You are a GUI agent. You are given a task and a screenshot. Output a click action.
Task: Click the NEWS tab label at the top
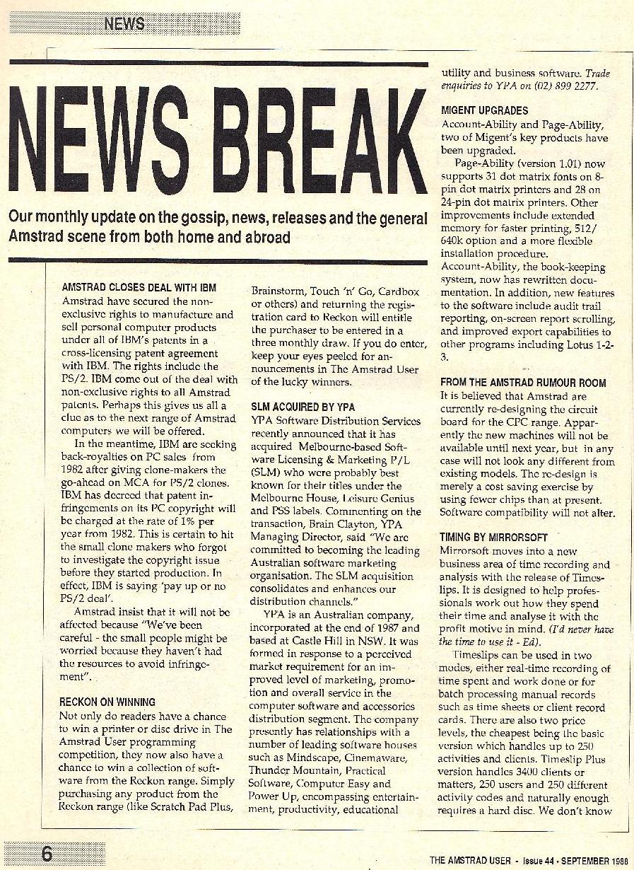point(124,24)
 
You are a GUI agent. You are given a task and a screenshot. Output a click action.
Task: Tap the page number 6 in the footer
point(47,854)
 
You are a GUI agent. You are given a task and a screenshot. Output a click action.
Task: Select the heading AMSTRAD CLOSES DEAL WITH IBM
point(139,288)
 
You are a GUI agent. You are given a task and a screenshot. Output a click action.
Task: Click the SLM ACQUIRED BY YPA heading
point(303,407)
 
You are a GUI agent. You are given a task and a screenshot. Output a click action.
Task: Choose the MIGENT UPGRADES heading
point(484,111)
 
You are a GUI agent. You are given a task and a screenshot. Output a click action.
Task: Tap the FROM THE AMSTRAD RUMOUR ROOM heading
point(523,383)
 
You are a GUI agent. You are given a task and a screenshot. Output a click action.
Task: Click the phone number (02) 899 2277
point(566,87)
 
